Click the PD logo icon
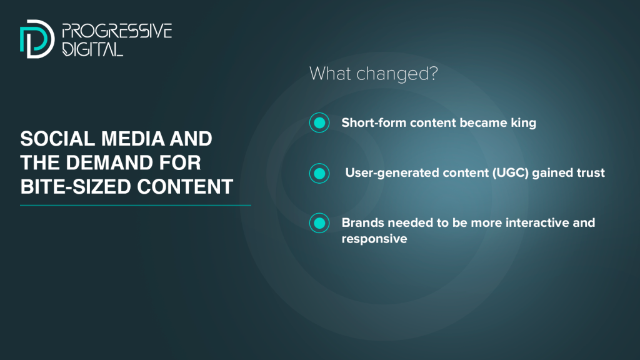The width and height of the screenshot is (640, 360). (x=37, y=39)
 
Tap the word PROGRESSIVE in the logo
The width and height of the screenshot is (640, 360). (x=117, y=31)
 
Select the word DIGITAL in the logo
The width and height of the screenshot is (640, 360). (x=92, y=49)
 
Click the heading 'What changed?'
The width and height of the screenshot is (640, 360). (x=374, y=74)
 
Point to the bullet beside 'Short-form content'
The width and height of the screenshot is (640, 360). (x=319, y=122)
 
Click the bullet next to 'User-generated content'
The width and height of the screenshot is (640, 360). (x=319, y=174)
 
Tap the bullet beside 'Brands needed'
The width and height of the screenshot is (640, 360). (x=319, y=223)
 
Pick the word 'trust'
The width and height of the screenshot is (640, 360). (x=591, y=172)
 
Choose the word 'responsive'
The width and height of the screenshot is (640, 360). (x=374, y=239)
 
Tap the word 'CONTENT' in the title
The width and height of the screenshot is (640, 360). (x=185, y=187)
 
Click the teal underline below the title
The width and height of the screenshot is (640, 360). (x=136, y=205)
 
